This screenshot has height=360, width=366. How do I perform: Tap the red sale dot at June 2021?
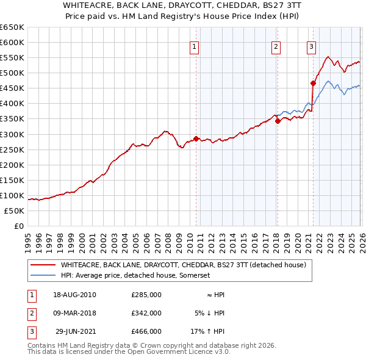point(313,83)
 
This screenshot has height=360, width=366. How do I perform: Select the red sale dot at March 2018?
point(278,121)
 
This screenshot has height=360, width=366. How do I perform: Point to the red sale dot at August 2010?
point(196,139)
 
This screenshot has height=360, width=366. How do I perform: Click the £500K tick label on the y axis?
point(12,73)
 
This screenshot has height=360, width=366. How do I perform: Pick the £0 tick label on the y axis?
point(18,226)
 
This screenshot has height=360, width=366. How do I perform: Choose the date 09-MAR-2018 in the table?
point(74,313)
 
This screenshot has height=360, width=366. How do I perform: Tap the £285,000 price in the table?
point(146,295)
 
